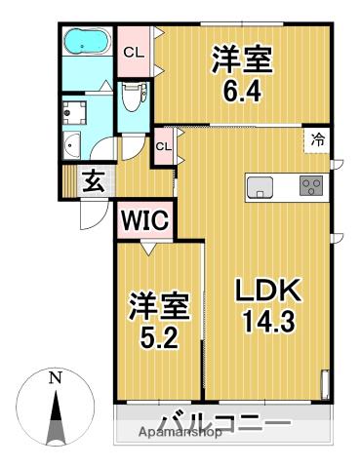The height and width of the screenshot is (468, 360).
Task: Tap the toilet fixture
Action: pyautogui.click(x=133, y=97)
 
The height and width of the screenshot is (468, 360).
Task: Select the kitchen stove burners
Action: pyautogui.click(x=312, y=186)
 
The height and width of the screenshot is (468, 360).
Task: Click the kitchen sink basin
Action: pyautogui.click(x=261, y=186)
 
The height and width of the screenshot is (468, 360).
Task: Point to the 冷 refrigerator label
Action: pyautogui.click(x=318, y=140)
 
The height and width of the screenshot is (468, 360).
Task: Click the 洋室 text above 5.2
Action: pyautogui.click(x=156, y=311)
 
